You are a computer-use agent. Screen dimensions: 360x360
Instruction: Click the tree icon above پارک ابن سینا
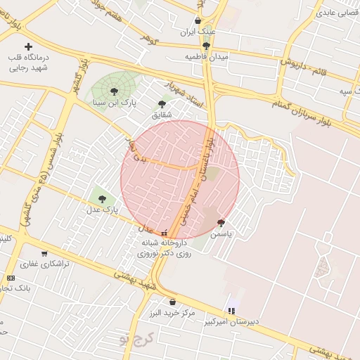(114, 91)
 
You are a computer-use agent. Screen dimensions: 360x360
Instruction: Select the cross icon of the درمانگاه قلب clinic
(28, 46)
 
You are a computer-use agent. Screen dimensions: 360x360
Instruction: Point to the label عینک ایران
(197, 32)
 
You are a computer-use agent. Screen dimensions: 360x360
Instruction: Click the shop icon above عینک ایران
(197, 21)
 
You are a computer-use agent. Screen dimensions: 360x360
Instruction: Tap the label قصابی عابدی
(337, 13)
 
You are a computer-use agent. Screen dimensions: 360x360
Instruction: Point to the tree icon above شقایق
(162, 103)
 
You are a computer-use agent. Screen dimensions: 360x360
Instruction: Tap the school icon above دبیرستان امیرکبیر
(231, 311)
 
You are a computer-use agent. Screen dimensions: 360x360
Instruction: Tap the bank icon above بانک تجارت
(11, 278)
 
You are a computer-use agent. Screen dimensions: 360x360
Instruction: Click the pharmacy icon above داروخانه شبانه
(165, 233)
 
